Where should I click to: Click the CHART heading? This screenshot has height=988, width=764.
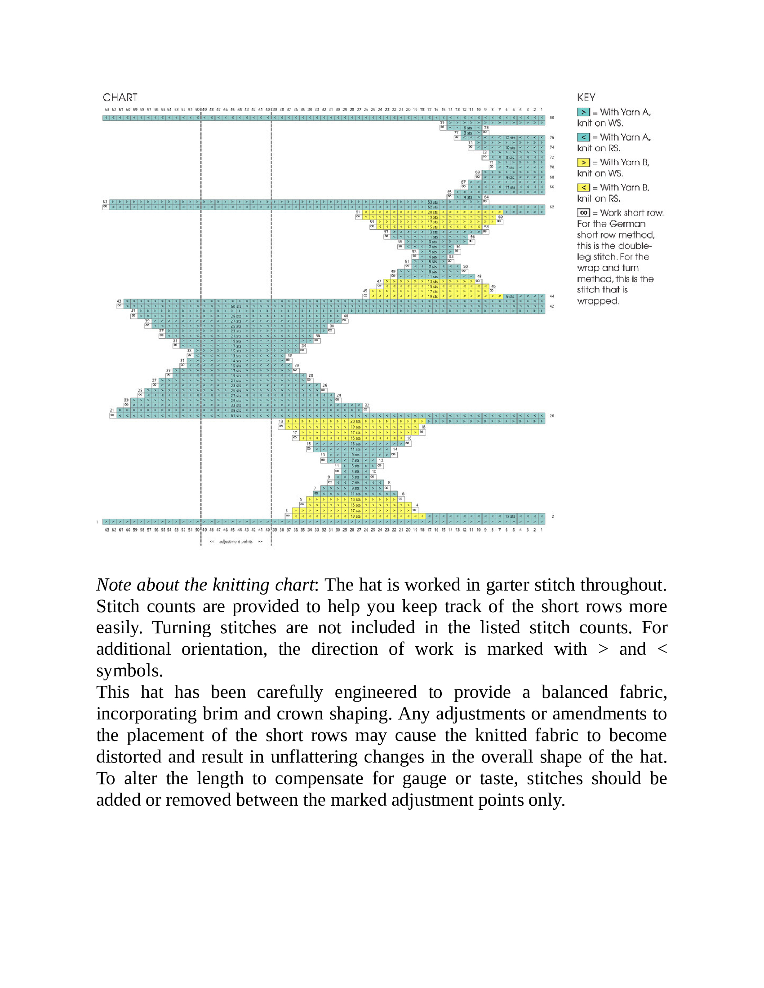tap(120, 98)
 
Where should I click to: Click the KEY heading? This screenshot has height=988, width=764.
tap(586, 98)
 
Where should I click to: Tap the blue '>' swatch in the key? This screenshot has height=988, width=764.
tap(583, 112)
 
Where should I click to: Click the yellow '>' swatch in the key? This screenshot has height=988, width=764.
tap(583, 163)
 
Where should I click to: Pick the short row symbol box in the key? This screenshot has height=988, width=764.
tap(583, 212)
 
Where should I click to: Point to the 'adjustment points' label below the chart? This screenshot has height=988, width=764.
tap(236, 542)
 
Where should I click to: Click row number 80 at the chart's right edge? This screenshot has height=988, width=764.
tap(552, 118)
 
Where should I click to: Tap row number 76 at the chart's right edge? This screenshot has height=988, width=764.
tap(552, 137)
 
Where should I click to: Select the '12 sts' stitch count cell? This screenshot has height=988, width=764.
tap(510, 137)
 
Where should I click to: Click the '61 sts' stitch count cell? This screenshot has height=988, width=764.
tap(236, 416)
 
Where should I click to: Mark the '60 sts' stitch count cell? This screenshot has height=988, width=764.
tap(236, 307)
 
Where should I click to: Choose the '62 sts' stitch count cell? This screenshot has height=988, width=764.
tap(433, 207)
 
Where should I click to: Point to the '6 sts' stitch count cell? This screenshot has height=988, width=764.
tap(510, 296)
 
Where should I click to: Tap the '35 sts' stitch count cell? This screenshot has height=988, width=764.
tap(236, 411)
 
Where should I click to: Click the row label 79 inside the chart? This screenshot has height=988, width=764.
tap(442, 123)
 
